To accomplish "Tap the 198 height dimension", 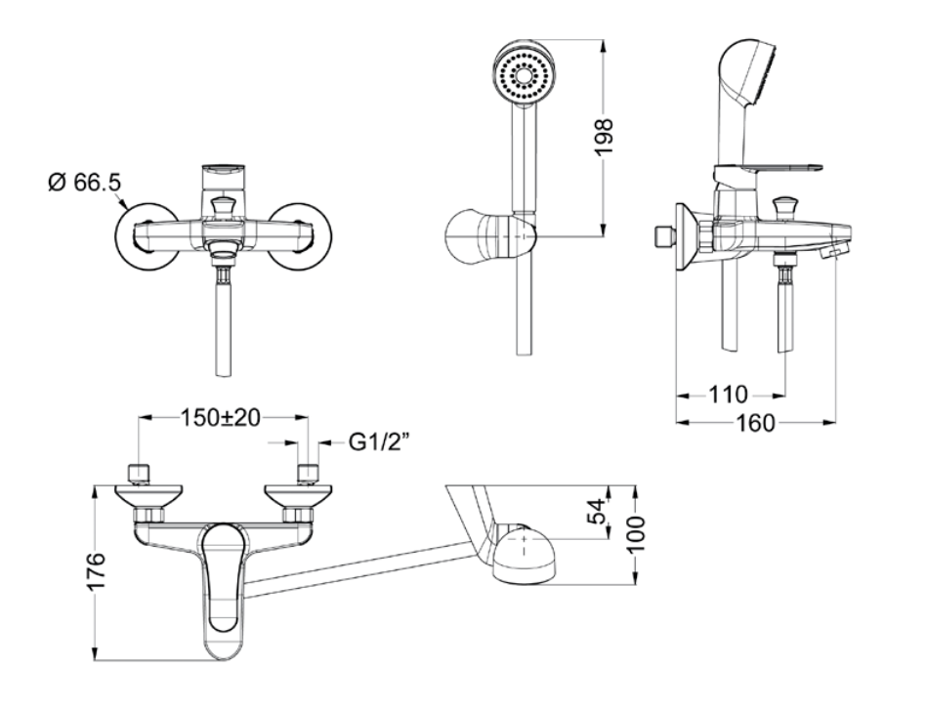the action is [605, 138].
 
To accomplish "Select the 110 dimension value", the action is [728, 395].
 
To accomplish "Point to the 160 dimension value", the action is [755, 423].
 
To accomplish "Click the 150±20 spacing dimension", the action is [221, 419].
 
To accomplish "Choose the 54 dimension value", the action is [598, 512].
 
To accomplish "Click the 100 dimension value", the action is [636, 534].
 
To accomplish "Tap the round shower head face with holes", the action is [524, 74].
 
